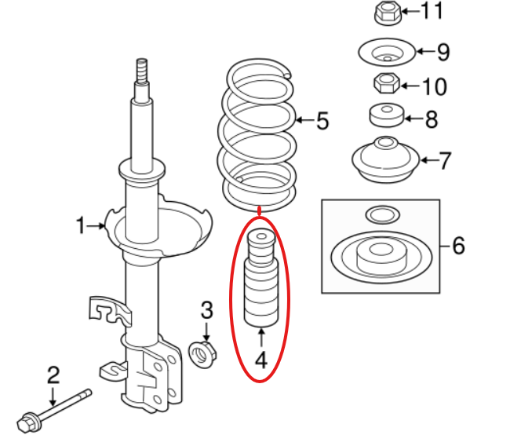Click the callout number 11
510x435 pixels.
pos(432,11)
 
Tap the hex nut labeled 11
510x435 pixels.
pos(387,13)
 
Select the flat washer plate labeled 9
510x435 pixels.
pos(387,52)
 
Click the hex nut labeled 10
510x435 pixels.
pos(386,83)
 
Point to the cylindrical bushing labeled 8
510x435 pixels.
pos(387,115)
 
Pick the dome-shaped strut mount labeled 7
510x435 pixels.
pos(386,159)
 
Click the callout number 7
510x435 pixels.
pos(444,160)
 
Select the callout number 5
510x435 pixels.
pos(322,121)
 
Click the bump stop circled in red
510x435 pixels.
pos(261,279)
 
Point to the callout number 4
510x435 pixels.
pos(260,360)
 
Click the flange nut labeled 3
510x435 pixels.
pos(202,354)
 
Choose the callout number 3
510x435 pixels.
pos(207,310)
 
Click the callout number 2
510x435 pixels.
pos(53,375)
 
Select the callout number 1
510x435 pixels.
pos(81,225)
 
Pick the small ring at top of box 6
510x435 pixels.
pos(383,215)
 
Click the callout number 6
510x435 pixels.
pos(459,246)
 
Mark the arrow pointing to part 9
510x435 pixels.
pos(426,51)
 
